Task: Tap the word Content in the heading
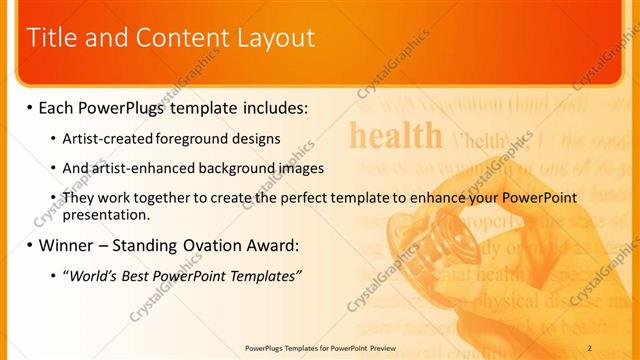coord(176,38)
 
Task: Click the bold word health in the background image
coord(395,135)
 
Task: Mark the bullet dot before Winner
coord(29,245)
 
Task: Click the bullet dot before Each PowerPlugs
coord(29,107)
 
